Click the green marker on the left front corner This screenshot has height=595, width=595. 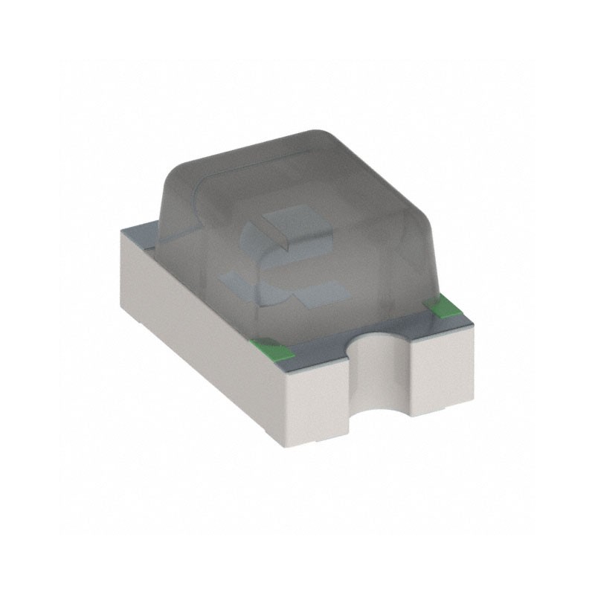pos(267,344)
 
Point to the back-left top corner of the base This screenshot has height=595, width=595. pos(123,231)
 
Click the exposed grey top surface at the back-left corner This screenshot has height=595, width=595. pos(141,235)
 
